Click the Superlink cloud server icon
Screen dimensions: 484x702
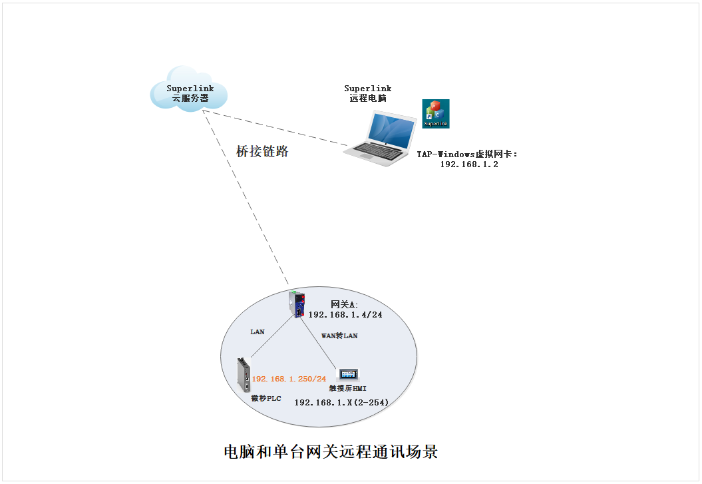[x=189, y=89]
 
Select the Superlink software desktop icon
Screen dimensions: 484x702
[x=436, y=113]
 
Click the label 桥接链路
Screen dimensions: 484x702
[x=262, y=151]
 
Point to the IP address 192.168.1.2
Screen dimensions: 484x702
[x=468, y=164]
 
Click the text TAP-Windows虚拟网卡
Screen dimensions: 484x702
[x=466, y=154]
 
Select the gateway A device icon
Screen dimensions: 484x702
[x=297, y=304]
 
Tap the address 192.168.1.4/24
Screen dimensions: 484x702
[x=345, y=315]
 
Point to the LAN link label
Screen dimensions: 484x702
[x=258, y=331]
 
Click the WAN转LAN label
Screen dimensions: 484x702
[x=339, y=336]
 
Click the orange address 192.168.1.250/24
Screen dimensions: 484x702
[x=289, y=379]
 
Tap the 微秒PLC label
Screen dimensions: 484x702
[x=266, y=398]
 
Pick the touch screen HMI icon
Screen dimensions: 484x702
[x=349, y=375]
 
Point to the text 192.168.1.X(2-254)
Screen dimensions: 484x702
[x=341, y=402]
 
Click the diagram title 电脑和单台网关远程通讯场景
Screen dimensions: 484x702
[x=331, y=452]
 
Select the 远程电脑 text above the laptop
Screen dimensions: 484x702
[x=368, y=99]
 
